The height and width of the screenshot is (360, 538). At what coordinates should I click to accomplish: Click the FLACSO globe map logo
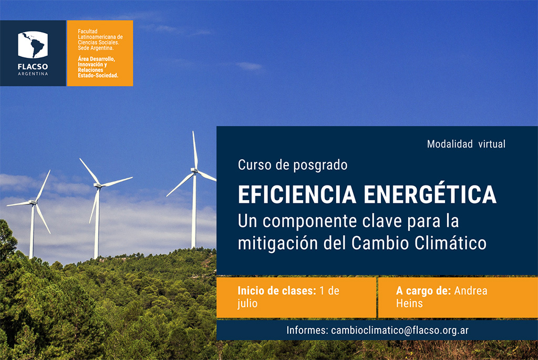tap(33, 45)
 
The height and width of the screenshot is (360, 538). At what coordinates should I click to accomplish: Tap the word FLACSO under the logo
tap(33, 67)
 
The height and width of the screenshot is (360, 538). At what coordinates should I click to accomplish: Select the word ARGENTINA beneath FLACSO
tap(33, 74)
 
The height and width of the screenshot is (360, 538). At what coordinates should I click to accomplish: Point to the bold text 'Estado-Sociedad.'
tap(98, 76)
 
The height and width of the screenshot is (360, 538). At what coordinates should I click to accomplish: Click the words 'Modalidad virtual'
tap(466, 144)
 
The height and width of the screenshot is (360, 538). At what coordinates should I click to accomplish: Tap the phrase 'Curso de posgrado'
tap(293, 165)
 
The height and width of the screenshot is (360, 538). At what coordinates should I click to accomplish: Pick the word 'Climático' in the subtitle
tap(450, 243)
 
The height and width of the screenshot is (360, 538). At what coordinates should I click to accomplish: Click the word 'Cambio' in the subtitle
tap(380, 243)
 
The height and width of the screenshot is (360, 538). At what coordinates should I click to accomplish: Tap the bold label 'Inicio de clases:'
tap(277, 291)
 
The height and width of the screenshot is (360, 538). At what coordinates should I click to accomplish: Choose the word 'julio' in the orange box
tap(247, 304)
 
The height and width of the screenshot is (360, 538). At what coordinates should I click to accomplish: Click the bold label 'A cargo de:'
tap(423, 291)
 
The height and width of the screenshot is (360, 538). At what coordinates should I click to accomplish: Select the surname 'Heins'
tap(409, 303)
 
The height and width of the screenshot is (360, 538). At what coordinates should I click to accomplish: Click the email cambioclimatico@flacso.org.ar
tap(400, 330)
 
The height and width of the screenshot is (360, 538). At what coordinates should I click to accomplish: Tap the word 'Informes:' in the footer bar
tap(307, 330)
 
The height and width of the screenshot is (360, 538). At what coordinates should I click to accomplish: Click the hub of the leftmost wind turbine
tap(33, 202)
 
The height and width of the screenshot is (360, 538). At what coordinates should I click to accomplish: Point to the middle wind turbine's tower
tap(97, 223)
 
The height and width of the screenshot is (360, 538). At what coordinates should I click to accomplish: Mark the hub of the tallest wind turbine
tap(194, 170)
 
